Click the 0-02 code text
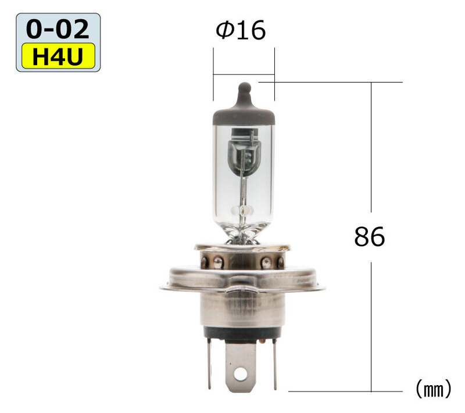(x=58, y=29)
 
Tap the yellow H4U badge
(x=58, y=56)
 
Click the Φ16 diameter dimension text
(x=241, y=30)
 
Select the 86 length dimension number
(x=370, y=236)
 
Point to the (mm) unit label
(x=433, y=389)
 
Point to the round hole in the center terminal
(x=240, y=374)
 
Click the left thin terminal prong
(x=209, y=364)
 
